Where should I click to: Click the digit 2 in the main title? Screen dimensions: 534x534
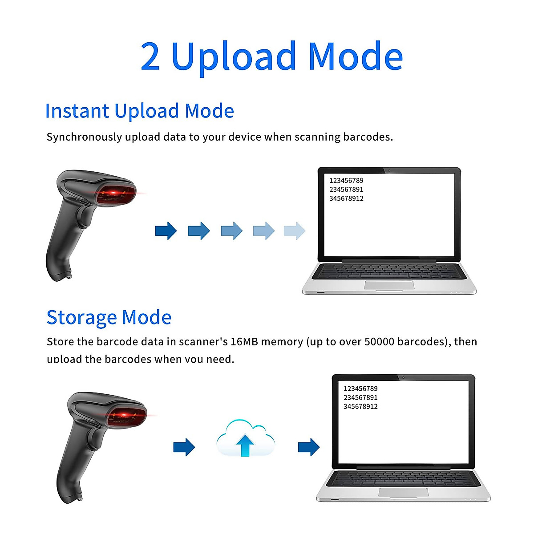(x=150, y=57)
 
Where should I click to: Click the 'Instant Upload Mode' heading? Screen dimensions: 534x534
(x=139, y=111)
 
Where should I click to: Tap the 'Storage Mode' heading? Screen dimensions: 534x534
(x=109, y=318)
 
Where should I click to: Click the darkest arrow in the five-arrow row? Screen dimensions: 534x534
(x=166, y=231)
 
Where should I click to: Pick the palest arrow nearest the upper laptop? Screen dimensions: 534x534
(x=295, y=231)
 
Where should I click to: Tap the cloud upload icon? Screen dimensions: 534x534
(x=245, y=438)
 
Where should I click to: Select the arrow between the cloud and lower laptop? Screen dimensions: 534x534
(x=309, y=447)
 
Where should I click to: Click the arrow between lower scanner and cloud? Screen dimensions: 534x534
(x=184, y=447)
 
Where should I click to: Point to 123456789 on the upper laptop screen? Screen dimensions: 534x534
(x=346, y=181)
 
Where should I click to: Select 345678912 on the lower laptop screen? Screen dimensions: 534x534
(x=360, y=407)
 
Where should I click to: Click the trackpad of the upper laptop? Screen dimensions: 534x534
(x=389, y=285)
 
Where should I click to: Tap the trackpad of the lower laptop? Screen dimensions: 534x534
(x=403, y=492)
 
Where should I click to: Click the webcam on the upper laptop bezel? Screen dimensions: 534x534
(x=389, y=170)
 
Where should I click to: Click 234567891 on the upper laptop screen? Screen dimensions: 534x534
(x=346, y=190)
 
